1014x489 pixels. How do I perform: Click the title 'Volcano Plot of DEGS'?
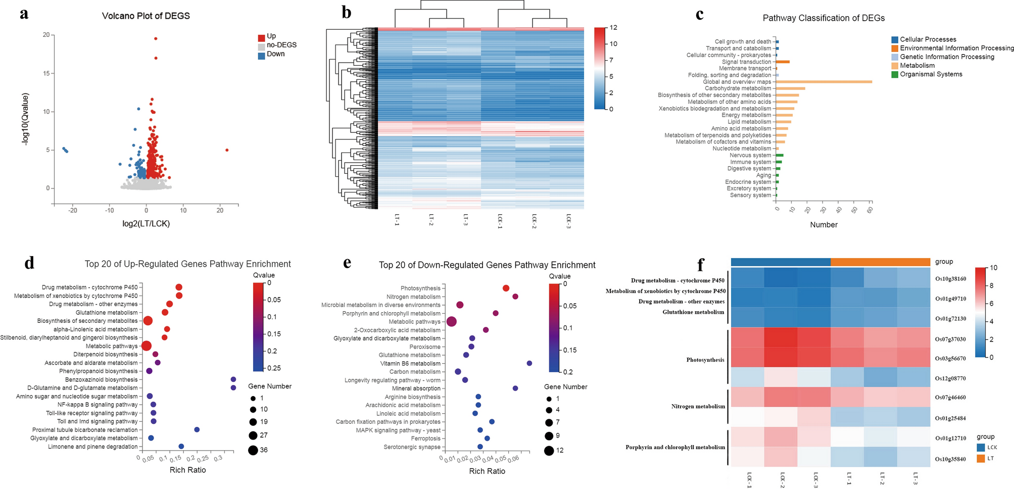146,16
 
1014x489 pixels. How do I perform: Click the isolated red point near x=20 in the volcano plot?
227,150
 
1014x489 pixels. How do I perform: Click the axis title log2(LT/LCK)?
146,223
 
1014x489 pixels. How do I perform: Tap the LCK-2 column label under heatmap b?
534,221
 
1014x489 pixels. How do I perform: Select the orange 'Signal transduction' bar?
783,62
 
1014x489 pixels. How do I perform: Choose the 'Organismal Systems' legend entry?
931,74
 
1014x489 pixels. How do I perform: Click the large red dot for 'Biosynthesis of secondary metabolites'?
148,321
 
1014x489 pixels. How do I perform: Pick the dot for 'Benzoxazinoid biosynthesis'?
233,379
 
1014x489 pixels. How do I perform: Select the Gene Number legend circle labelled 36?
253,450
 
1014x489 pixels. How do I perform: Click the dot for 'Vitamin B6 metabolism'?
529,363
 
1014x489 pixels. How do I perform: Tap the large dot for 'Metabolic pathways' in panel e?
452,322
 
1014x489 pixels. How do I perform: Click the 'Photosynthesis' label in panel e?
420,288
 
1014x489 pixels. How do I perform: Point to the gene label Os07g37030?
950,339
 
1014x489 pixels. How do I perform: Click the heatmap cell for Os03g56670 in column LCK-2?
781,358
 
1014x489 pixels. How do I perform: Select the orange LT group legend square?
981,459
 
